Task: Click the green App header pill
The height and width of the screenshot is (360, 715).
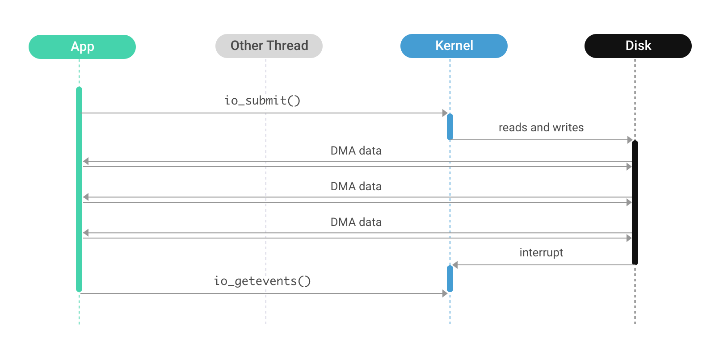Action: pyautogui.click(x=82, y=47)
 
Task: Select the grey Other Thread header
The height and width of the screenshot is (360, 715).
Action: pyautogui.click(x=269, y=46)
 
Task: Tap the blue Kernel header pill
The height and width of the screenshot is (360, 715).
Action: pyautogui.click(x=454, y=46)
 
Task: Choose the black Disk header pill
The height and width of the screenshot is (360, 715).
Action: pyautogui.click(x=638, y=46)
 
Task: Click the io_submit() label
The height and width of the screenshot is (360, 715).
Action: pyautogui.click(x=262, y=100)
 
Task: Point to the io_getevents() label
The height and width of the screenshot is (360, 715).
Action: pyautogui.click(x=262, y=281)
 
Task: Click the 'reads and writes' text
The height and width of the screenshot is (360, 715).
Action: pyautogui.click(x=541, y=128)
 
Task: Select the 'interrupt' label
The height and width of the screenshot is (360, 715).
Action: pyautogui.click(x=541, y=253)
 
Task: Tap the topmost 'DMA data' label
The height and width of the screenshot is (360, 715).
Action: pyautogui.click(x=356, y=151)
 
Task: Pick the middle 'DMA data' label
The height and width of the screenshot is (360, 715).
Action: pyautogui.click(x=356, y=187)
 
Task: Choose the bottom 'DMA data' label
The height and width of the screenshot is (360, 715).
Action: pyautogui.click(x=356, y=222)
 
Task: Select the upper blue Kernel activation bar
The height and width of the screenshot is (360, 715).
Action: pyautogui.click(x=450, y=127)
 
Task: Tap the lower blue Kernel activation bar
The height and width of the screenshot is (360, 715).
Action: pyautogui.click(x=450, y=279)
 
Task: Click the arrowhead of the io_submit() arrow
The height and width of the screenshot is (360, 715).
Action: pyautogui.click(x=445, y=113)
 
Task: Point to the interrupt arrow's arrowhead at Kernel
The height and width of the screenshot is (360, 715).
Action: pyautogui.click(x=455, y=265)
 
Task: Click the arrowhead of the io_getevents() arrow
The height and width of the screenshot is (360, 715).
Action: pyautogui.click(x=445, y=293)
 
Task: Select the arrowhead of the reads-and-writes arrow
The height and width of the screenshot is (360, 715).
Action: pyautogui.click(x=630, y=140)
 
